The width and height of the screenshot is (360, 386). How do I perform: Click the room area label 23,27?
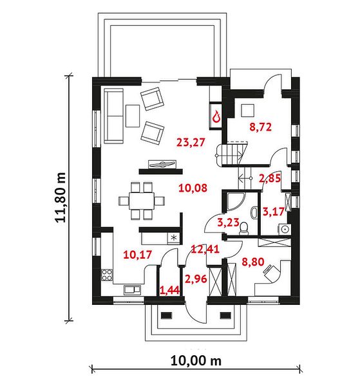point(191,143)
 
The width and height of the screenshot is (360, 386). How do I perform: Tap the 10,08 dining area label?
point(193,188)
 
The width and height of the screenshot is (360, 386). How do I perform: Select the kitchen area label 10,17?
point(137,255)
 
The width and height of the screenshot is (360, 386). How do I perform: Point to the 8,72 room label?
point(260,127)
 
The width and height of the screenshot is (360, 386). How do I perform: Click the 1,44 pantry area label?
point(170,291)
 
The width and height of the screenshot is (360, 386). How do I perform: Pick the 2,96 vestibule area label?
point(196,279)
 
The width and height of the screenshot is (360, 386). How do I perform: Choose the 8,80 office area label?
point(253,262)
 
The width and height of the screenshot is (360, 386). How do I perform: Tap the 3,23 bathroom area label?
point(229,223)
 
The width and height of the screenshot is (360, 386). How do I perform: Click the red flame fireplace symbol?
point(216,116)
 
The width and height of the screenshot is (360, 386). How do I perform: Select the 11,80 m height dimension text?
point(61,198)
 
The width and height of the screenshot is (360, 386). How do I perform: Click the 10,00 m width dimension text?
point(196,361)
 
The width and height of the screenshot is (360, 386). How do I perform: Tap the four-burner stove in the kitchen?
point(107,275)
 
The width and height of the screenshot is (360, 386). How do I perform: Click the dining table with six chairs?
point(142,201)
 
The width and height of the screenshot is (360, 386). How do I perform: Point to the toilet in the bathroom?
point(243,228)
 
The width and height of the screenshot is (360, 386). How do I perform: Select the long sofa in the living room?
point(113,116)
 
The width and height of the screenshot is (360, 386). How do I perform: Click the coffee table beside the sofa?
point(133,116)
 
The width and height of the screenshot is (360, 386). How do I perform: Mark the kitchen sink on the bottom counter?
point(132,289)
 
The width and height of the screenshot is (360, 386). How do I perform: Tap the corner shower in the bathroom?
point(235,201)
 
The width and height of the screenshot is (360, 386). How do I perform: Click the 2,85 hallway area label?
point(270,178)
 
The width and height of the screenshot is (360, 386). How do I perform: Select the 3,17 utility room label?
point(274,212)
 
